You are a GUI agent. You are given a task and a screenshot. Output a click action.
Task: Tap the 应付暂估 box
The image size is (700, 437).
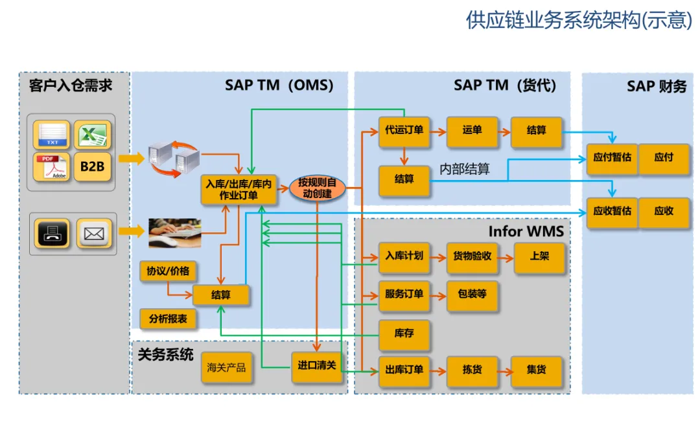coord(612,159)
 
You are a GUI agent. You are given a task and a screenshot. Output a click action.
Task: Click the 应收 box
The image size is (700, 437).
coord(664,213)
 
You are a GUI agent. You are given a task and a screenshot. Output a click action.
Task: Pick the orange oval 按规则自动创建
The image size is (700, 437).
coord(318,188)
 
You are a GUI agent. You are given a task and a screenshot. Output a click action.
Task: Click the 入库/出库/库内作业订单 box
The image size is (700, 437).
coord(239,190)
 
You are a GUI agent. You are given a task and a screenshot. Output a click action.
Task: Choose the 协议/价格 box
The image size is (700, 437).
coord(168,271)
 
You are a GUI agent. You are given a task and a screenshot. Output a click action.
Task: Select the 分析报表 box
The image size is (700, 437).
coord(168,319)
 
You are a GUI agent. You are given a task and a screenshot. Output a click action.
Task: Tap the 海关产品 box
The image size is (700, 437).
coord(226,368)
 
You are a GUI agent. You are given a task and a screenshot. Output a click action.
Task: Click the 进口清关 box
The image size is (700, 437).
coord(317,367)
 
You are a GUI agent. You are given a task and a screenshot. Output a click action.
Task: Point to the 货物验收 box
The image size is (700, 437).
coord(472,258)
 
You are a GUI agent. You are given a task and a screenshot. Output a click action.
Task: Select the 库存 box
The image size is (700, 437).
coord(404,335)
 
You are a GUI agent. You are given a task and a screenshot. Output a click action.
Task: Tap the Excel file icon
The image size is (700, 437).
coord(93,135)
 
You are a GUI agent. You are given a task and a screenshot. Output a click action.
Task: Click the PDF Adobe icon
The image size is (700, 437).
coord(51,167)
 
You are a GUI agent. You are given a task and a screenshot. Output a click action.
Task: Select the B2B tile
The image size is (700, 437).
coord(93,167)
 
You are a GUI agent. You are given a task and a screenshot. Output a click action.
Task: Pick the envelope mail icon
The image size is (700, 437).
coord(94,233)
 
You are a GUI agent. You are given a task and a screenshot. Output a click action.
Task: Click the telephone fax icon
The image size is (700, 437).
coord(52,233)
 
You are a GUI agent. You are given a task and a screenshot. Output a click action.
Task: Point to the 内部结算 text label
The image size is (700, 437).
coord(465,169)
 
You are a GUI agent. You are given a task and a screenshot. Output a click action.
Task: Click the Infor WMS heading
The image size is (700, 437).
coord(526,231)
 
